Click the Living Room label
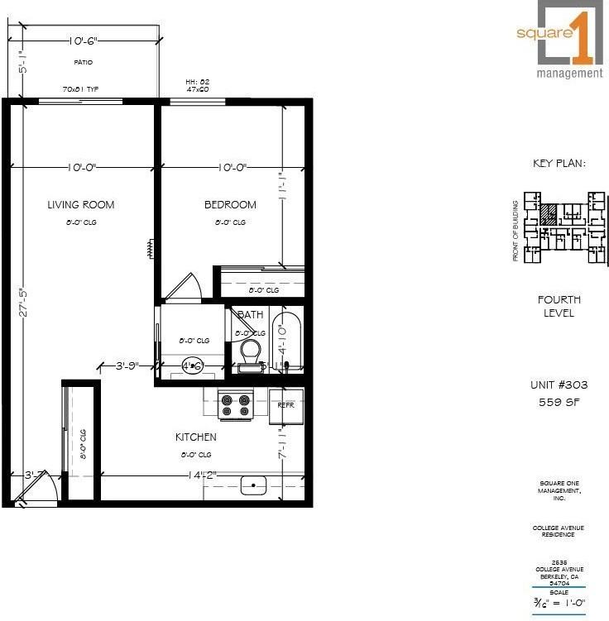[80, 205]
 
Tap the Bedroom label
[230, 205]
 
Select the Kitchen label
[195, 437]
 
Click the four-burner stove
[235, 404]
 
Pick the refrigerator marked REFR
[286, 405]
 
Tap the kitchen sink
[253, 485]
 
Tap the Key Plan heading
[559, 164]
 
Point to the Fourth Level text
[559, 306]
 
